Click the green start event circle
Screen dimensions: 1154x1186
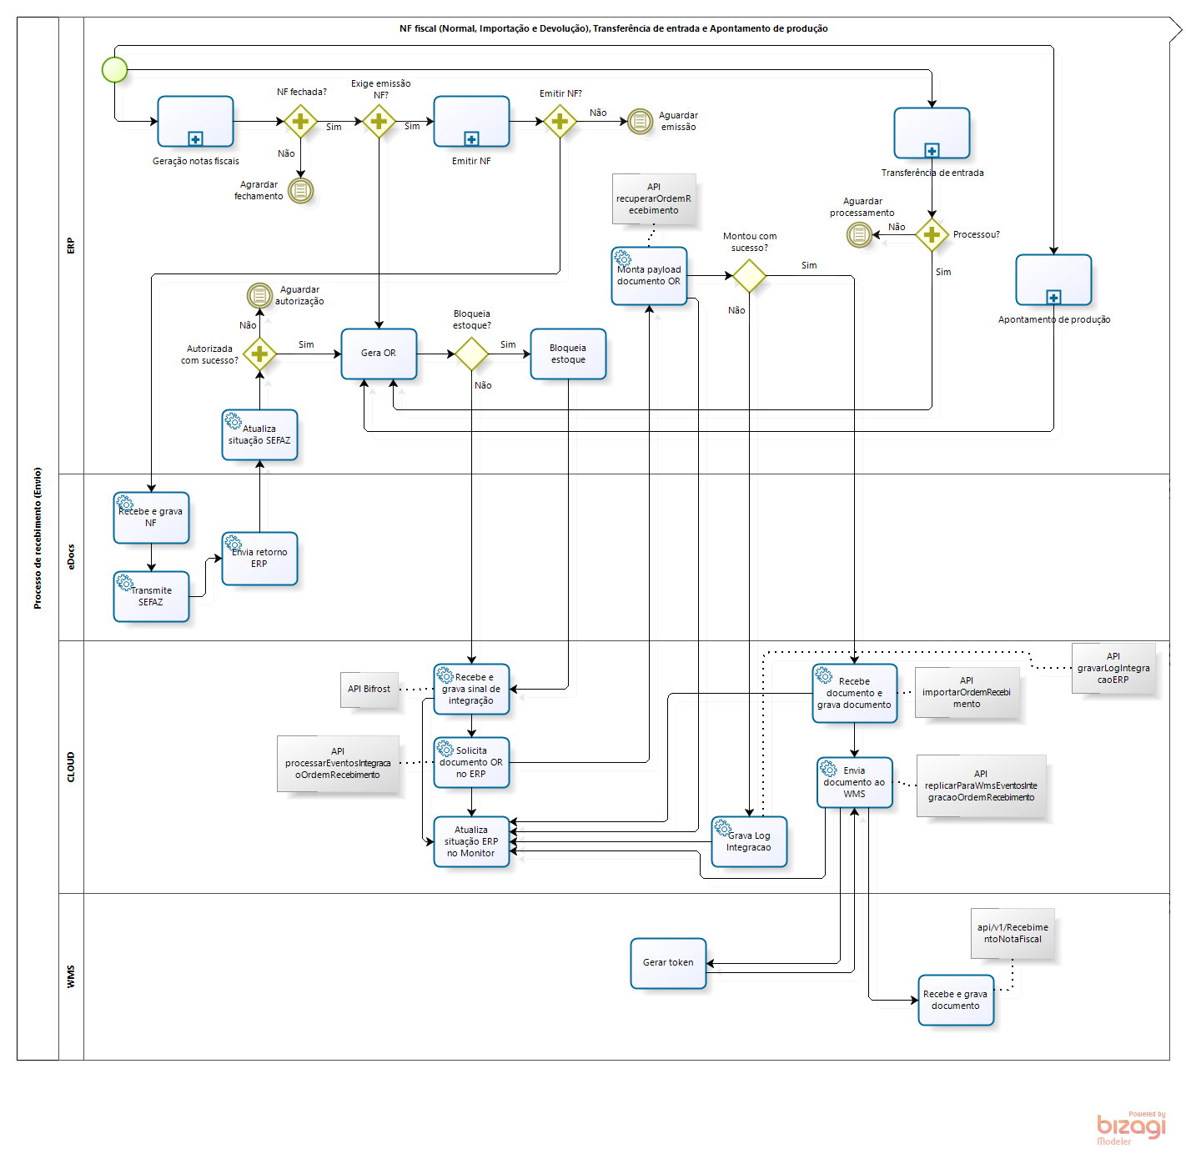[114, 69]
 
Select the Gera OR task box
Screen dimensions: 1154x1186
[379, 354]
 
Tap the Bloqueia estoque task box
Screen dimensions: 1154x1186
[568, 354]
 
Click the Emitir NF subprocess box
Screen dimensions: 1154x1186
[471, 122]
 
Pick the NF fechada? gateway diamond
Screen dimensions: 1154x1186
[300, 122]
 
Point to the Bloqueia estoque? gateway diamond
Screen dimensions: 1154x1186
[471, 354]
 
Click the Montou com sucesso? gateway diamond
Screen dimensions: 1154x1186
[749, 276]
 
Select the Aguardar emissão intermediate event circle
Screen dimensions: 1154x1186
[640, 122]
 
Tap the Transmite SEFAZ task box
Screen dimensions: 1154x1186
[151, 596]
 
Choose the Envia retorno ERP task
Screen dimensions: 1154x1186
[259, 559]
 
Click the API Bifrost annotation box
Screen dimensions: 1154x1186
[369, 690]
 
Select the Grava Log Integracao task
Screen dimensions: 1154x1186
[749, 841]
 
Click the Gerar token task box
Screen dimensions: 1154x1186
[668, 963]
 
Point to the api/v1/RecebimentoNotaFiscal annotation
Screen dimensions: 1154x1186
[1013, 933]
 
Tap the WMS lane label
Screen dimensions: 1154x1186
[71, 976]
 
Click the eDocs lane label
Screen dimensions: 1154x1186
[71, 557]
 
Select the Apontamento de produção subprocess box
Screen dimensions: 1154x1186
[1053, 280]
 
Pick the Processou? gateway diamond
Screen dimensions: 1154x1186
[932, 235]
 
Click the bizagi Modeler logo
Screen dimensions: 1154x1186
[1131, 1128]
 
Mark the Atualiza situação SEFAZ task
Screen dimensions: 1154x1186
[259, 434]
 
